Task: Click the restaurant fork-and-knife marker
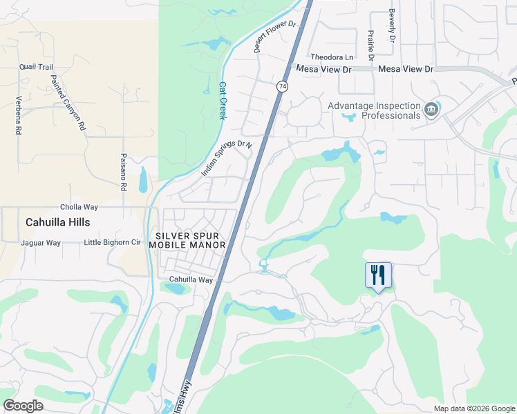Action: (x=378, y=275)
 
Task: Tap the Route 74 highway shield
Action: (x=282, y=86)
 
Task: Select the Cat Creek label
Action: (x=223, y=101)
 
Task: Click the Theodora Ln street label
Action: (x=332, y=57)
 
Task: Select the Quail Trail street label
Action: (x=37, y=67)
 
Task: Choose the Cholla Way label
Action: (x=79, y=206)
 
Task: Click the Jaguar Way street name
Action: (x=41, y=243)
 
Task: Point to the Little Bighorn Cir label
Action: (x=112, y=243)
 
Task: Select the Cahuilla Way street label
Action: (x=191, y=279)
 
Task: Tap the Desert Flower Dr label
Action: (x=274, y=36)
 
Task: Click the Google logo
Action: (x=23, y=406)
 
